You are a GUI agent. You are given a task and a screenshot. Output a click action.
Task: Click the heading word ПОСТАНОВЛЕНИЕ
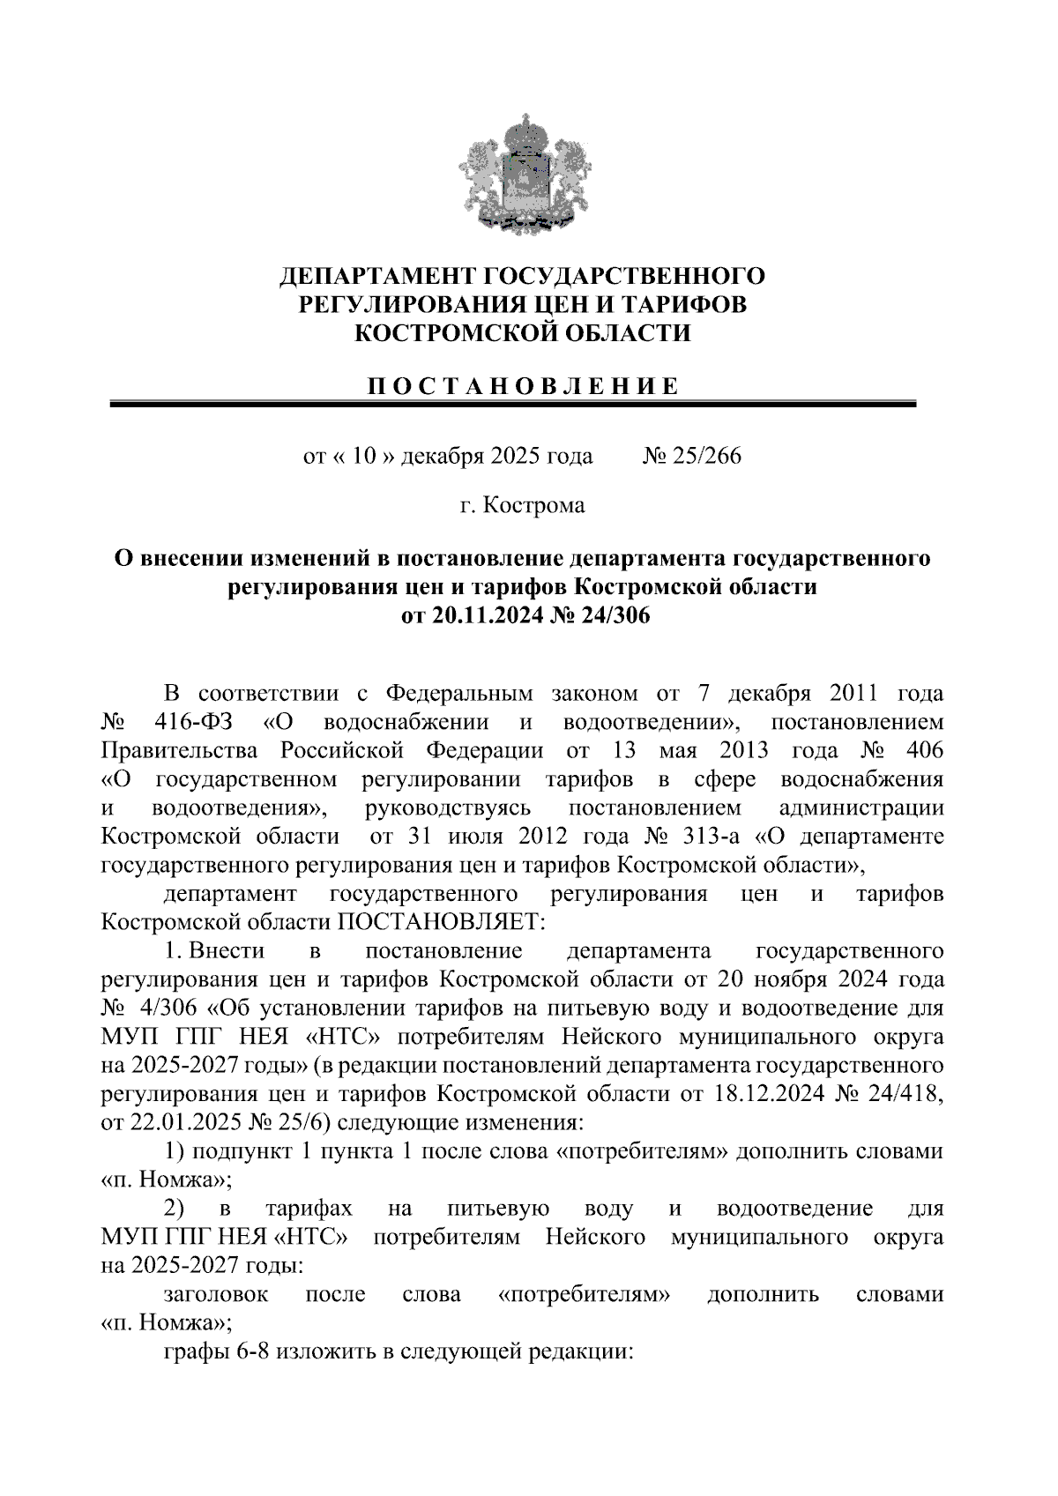coord(523,386)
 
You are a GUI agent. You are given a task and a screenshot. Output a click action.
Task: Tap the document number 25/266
coord(703,456)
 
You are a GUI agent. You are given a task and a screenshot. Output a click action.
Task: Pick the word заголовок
coord(216,1294)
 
